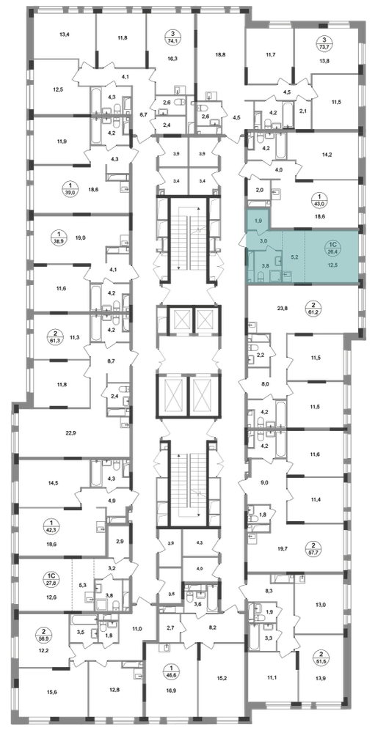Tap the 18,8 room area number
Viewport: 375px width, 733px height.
pos(220,55)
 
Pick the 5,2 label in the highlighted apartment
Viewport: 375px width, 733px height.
pos(294,257)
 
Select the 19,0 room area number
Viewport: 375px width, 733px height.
pos(80,237)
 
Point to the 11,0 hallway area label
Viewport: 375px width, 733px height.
pos(136,629)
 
